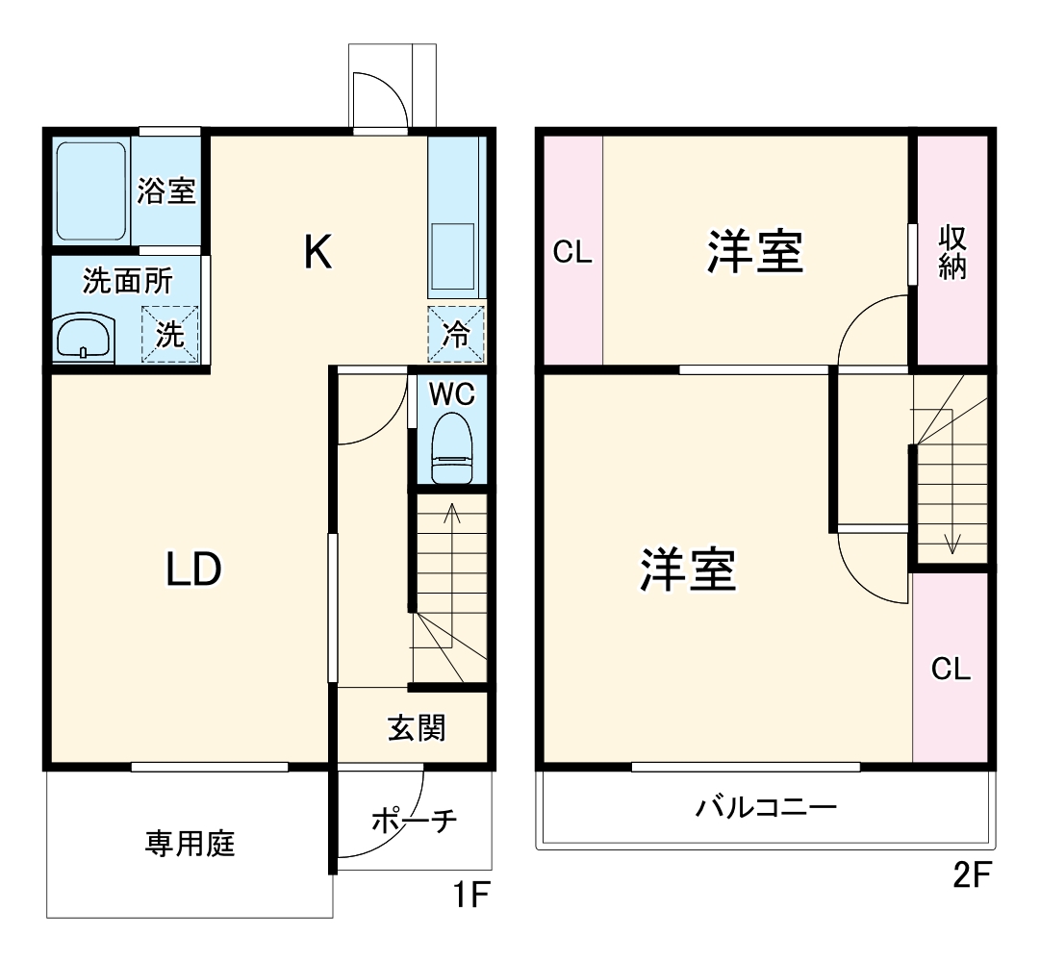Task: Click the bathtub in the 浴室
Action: click(91, 190)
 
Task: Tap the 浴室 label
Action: click(165, 191)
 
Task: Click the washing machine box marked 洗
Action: click(170, 335)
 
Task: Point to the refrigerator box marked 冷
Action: click(456, 334)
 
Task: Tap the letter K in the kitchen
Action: click(318, 253)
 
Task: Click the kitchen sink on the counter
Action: click(451, 256)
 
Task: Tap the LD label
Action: click(194, 570)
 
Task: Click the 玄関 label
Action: click(417, 728)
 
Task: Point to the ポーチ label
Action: click(414, 821)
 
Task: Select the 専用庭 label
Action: click(190, 845)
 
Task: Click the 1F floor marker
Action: click(472, 897)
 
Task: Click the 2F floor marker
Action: click(972, 875)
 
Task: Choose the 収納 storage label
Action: click(952, 251)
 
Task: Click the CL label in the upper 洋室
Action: click(572, 252)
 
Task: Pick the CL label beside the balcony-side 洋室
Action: click(951, 669)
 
